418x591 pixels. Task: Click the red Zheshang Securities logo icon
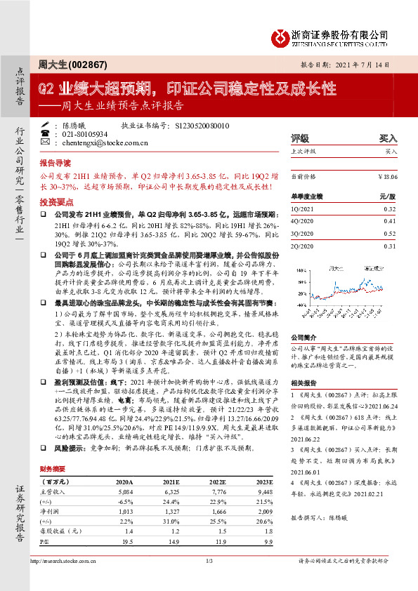coord(282,35)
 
